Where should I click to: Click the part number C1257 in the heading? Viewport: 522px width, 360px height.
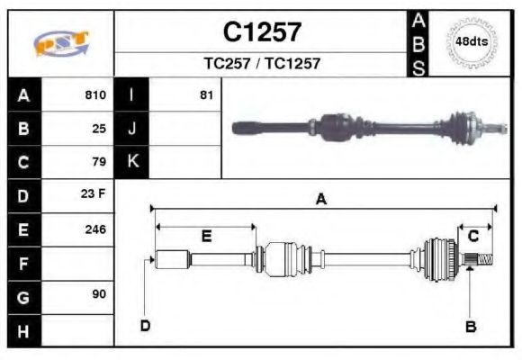click(x=262, y=32)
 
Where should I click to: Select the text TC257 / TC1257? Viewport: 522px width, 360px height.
click(x=262, y=64)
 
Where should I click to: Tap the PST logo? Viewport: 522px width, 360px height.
click(x=60, y=43)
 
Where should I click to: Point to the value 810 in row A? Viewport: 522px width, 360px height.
click(x=94, y=94)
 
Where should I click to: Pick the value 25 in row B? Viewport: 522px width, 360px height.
click(x=99, y=129)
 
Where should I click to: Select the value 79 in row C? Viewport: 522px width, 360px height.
click(x=99, y=163)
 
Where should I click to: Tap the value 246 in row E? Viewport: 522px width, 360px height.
click(x=94, y=229)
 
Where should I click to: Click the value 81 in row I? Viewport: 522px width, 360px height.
click(x=206, y=94)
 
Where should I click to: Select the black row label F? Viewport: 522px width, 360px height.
click(x=22, y=263)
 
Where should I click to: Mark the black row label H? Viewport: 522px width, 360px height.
click(x=22, y=330)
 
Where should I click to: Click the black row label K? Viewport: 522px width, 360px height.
click(x=132, y=162)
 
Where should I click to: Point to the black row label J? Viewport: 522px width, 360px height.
click(x=132, y=129)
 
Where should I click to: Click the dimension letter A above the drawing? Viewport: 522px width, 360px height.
click(x=320, y=201)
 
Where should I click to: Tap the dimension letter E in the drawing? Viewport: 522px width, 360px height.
click(x=206, y=237)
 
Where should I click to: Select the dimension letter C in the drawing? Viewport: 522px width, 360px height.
click(x=472, y=236)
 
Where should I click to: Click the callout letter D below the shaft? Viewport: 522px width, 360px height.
click(x=145, y=326)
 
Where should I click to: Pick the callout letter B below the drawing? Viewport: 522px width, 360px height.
click(x=470, y=327)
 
